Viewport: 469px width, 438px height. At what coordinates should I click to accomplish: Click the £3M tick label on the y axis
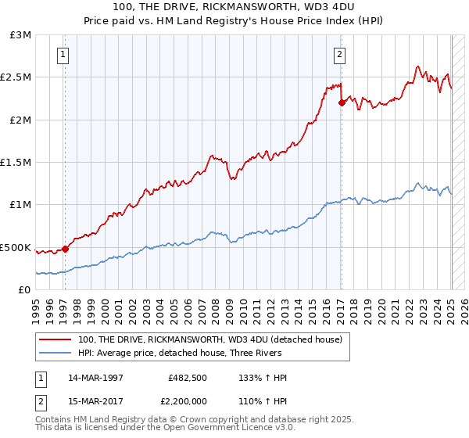20,35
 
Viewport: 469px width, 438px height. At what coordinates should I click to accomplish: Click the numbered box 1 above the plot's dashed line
63,55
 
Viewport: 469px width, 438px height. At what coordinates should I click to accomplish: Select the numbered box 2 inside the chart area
340,55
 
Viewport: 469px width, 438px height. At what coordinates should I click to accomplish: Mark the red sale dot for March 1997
65,249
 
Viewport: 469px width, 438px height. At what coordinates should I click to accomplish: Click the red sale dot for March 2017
342,102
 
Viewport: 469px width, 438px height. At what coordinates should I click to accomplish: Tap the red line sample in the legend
55,340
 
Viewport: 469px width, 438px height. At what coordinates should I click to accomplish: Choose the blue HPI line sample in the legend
55,353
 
